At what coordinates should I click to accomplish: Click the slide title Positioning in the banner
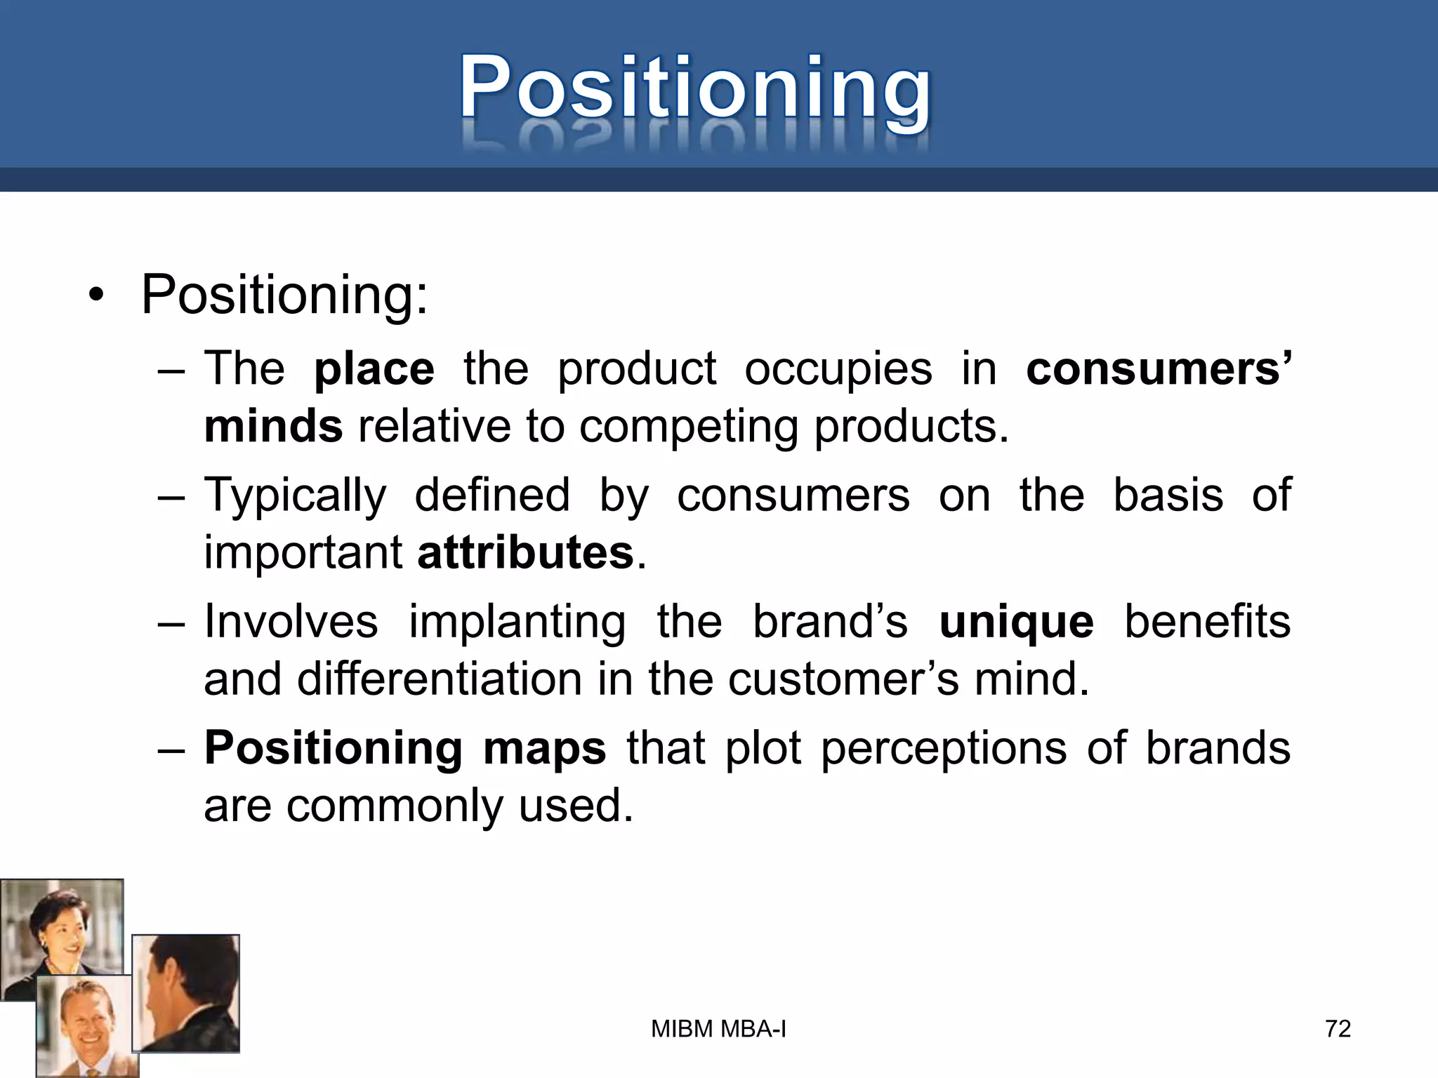pos(695,88)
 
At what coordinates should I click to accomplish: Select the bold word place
pos(374,369)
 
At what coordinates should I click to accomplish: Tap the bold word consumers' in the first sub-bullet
pos(1158,369)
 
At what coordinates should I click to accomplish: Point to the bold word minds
pos(273,427)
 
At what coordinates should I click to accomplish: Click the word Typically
pos(295,495)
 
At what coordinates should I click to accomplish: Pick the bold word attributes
pos(525,553)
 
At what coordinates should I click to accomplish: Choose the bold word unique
pos(1016,623)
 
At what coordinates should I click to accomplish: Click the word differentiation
pos(439,679)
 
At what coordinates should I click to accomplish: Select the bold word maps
pos(544,748)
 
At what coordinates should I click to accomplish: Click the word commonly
pos(394,806)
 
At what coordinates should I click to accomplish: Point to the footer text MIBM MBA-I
pos(718,1029)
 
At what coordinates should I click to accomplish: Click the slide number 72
pos(1338,1029)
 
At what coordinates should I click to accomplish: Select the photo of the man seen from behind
pos(186,993)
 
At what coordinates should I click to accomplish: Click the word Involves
pos(291,623)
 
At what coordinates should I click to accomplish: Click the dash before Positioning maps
pos(171,750)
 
